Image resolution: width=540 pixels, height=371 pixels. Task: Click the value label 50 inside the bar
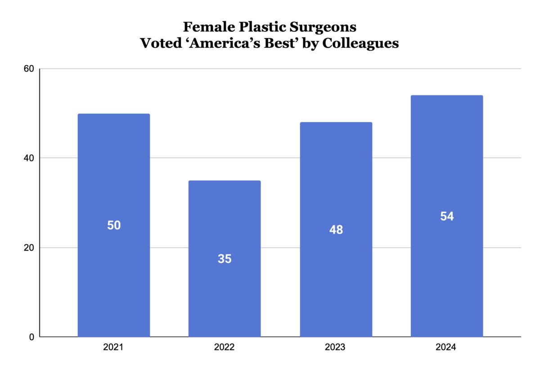[x=114, y=225]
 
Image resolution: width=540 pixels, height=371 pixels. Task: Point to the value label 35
[x=225, y=259]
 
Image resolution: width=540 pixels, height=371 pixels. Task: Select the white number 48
[x=336, y=230]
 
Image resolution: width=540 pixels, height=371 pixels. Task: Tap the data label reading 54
[x=447, y=216]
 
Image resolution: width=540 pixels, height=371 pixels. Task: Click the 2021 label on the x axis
[x=113, y=348]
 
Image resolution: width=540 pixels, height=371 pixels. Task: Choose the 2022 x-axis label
[x=224, y=348]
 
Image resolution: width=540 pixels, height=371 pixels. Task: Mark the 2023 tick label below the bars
[x=336, y=348]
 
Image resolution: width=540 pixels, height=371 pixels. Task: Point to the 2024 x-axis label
[x=446, y=348]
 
